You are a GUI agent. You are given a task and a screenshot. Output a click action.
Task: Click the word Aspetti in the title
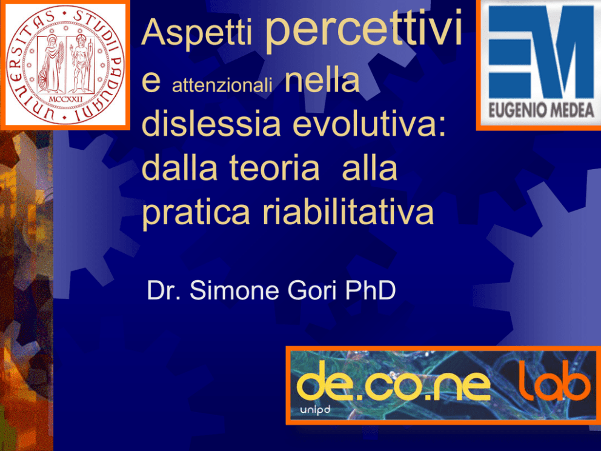point(197,33)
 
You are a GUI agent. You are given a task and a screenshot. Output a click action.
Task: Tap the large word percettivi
point(364,28)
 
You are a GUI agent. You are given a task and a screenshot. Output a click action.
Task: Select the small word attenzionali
point(222,85)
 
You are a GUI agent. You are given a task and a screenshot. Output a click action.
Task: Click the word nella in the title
point(322,80)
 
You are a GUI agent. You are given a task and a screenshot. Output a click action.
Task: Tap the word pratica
point(196,213)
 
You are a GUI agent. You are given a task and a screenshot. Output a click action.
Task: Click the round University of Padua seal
point(65,64)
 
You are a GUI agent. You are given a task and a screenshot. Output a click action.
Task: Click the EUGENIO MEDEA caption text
point(541,110)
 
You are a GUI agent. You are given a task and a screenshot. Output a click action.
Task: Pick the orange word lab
point(554,381)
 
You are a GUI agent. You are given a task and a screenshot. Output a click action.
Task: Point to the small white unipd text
point(315,410)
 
